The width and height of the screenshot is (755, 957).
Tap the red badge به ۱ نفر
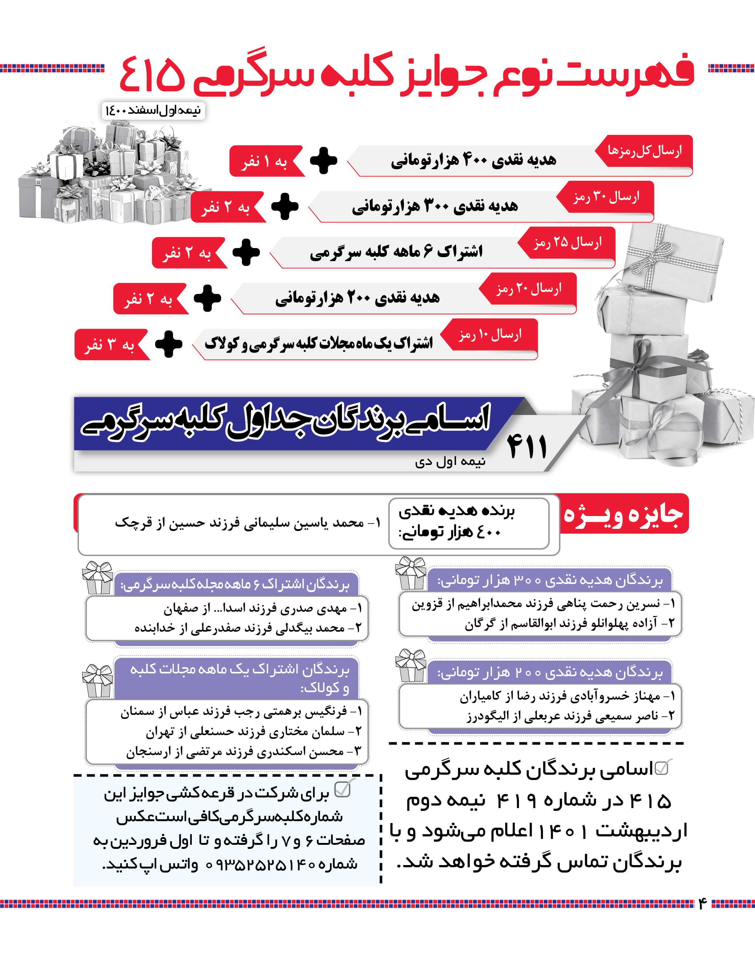pyautogui.click(x=265, y=161)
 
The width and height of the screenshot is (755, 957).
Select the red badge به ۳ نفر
pyautogui.click(x=110, y=344)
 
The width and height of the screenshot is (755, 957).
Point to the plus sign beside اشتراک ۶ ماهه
pyautogui.click(x=246, y=252)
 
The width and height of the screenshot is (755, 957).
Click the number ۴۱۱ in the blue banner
pyautogui.click(x=527, y=446)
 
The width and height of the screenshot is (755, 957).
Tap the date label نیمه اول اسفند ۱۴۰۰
pyautogui.click(x=153, y=110)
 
